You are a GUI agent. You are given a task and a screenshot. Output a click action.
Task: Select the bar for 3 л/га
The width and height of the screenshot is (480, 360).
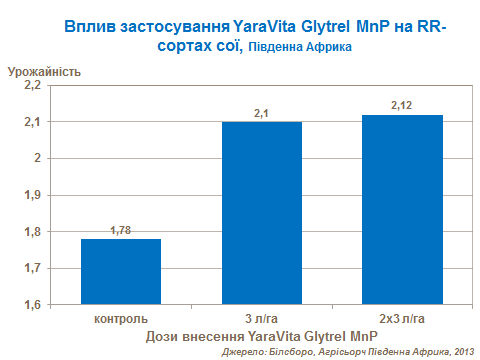click(261, 213)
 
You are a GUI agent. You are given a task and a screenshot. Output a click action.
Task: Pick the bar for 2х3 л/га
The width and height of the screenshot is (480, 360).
click(401, 210)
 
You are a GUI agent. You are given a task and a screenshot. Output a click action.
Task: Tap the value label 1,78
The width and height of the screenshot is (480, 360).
click(120, 231)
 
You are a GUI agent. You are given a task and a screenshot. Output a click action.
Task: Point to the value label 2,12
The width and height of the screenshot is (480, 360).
click(401, 106)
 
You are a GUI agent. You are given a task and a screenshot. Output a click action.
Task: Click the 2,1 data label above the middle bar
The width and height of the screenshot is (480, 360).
click(261, 114)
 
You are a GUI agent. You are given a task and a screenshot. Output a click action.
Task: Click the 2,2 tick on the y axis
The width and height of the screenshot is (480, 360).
click(31, 86)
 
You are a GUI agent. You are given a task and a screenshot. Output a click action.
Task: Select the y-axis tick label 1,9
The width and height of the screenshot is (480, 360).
click(31, 195)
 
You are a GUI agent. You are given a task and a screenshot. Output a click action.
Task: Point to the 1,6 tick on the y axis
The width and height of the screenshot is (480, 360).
click(31, 305)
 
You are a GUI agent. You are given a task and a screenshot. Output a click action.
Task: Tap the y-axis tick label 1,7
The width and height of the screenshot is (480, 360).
click(31, 268)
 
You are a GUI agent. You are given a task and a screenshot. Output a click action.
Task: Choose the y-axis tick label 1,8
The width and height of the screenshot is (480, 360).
click(31, 232)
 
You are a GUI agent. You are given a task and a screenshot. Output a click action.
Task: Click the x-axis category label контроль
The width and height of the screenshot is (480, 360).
click(120, 318)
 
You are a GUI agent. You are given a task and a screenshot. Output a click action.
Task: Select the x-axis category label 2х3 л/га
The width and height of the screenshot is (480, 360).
click(401, 318)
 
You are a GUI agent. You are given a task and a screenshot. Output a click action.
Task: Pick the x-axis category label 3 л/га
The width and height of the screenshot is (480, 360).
click(261, 318)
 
